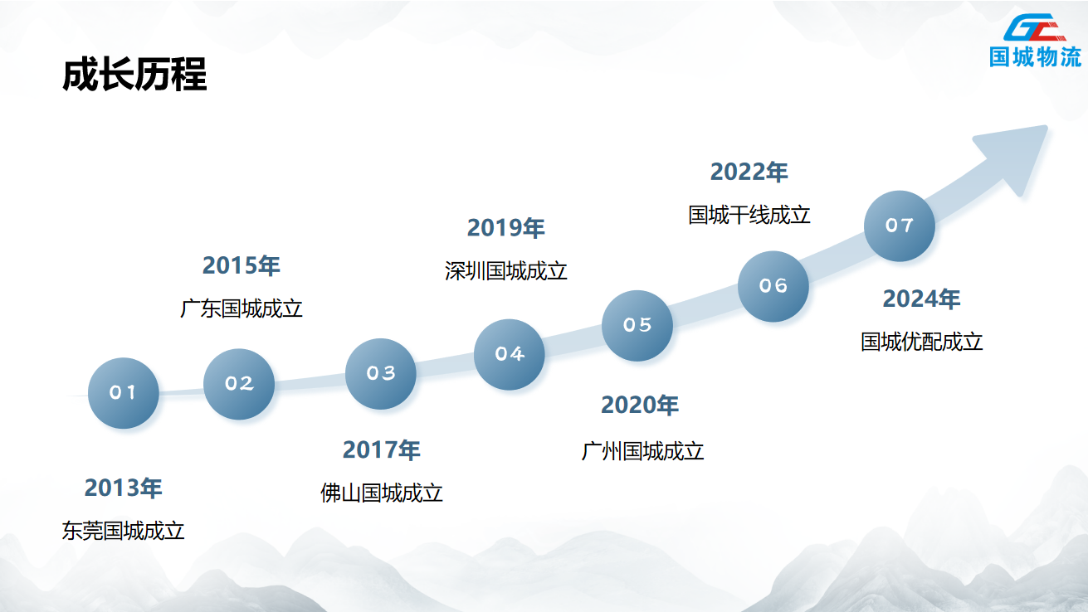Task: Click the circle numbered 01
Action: click(124, 393)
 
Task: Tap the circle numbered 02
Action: click(239, 384)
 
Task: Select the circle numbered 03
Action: click(381, 374)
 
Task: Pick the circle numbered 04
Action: click(510, 354)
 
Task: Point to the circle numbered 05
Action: click(637, 326)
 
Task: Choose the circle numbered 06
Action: click(773, 286)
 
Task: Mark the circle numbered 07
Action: click(900, 226)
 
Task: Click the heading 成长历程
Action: click(134, 75)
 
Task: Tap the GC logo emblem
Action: click(1035, 27)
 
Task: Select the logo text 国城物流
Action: click(1035, 56)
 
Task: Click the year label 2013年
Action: click(124, 488)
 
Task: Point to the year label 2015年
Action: click(242, 265)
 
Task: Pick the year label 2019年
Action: click(506, 227)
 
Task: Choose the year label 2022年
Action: click(749, 172)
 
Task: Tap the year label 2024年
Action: click(921, 299)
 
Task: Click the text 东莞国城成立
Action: click(124, 531)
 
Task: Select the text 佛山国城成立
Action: click(381, 493)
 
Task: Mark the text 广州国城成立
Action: click(642, 451)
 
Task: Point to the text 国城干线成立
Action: click(749, 215)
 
